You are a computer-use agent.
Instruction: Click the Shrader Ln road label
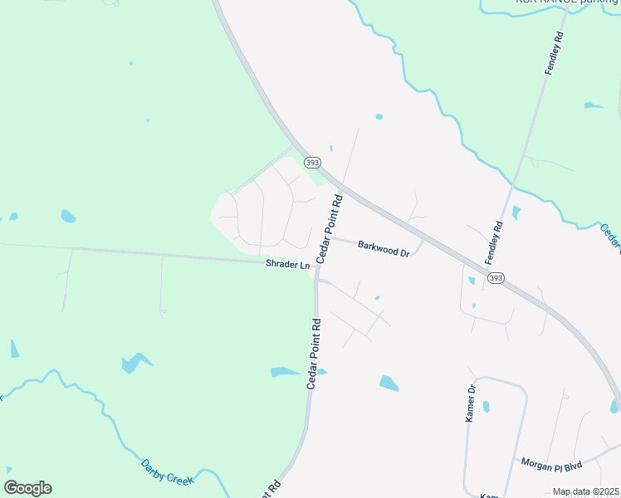pyautogui.click(x=287, y=264)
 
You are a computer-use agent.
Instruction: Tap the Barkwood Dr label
pyautogui.click(x=384, y=247)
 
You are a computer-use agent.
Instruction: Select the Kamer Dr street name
pyautogui.click(x=471, y=403)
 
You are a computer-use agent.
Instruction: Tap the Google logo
pyautogui.click(x=27, y=488)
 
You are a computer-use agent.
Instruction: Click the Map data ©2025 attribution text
pyautogui.click(x=586, y=491)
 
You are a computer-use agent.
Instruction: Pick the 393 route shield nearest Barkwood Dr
pyautogui.click(x=311, y=162)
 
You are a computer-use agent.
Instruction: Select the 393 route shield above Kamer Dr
pyautogui.click(x=496, y=278)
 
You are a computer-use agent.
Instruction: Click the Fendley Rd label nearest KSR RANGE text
pyautogui.click(x=554, y=54)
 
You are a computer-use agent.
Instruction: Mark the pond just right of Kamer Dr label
pyautogui.click(x=487, y=407)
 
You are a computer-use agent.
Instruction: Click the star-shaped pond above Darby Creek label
pyautogui.click(x=135, y=363)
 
